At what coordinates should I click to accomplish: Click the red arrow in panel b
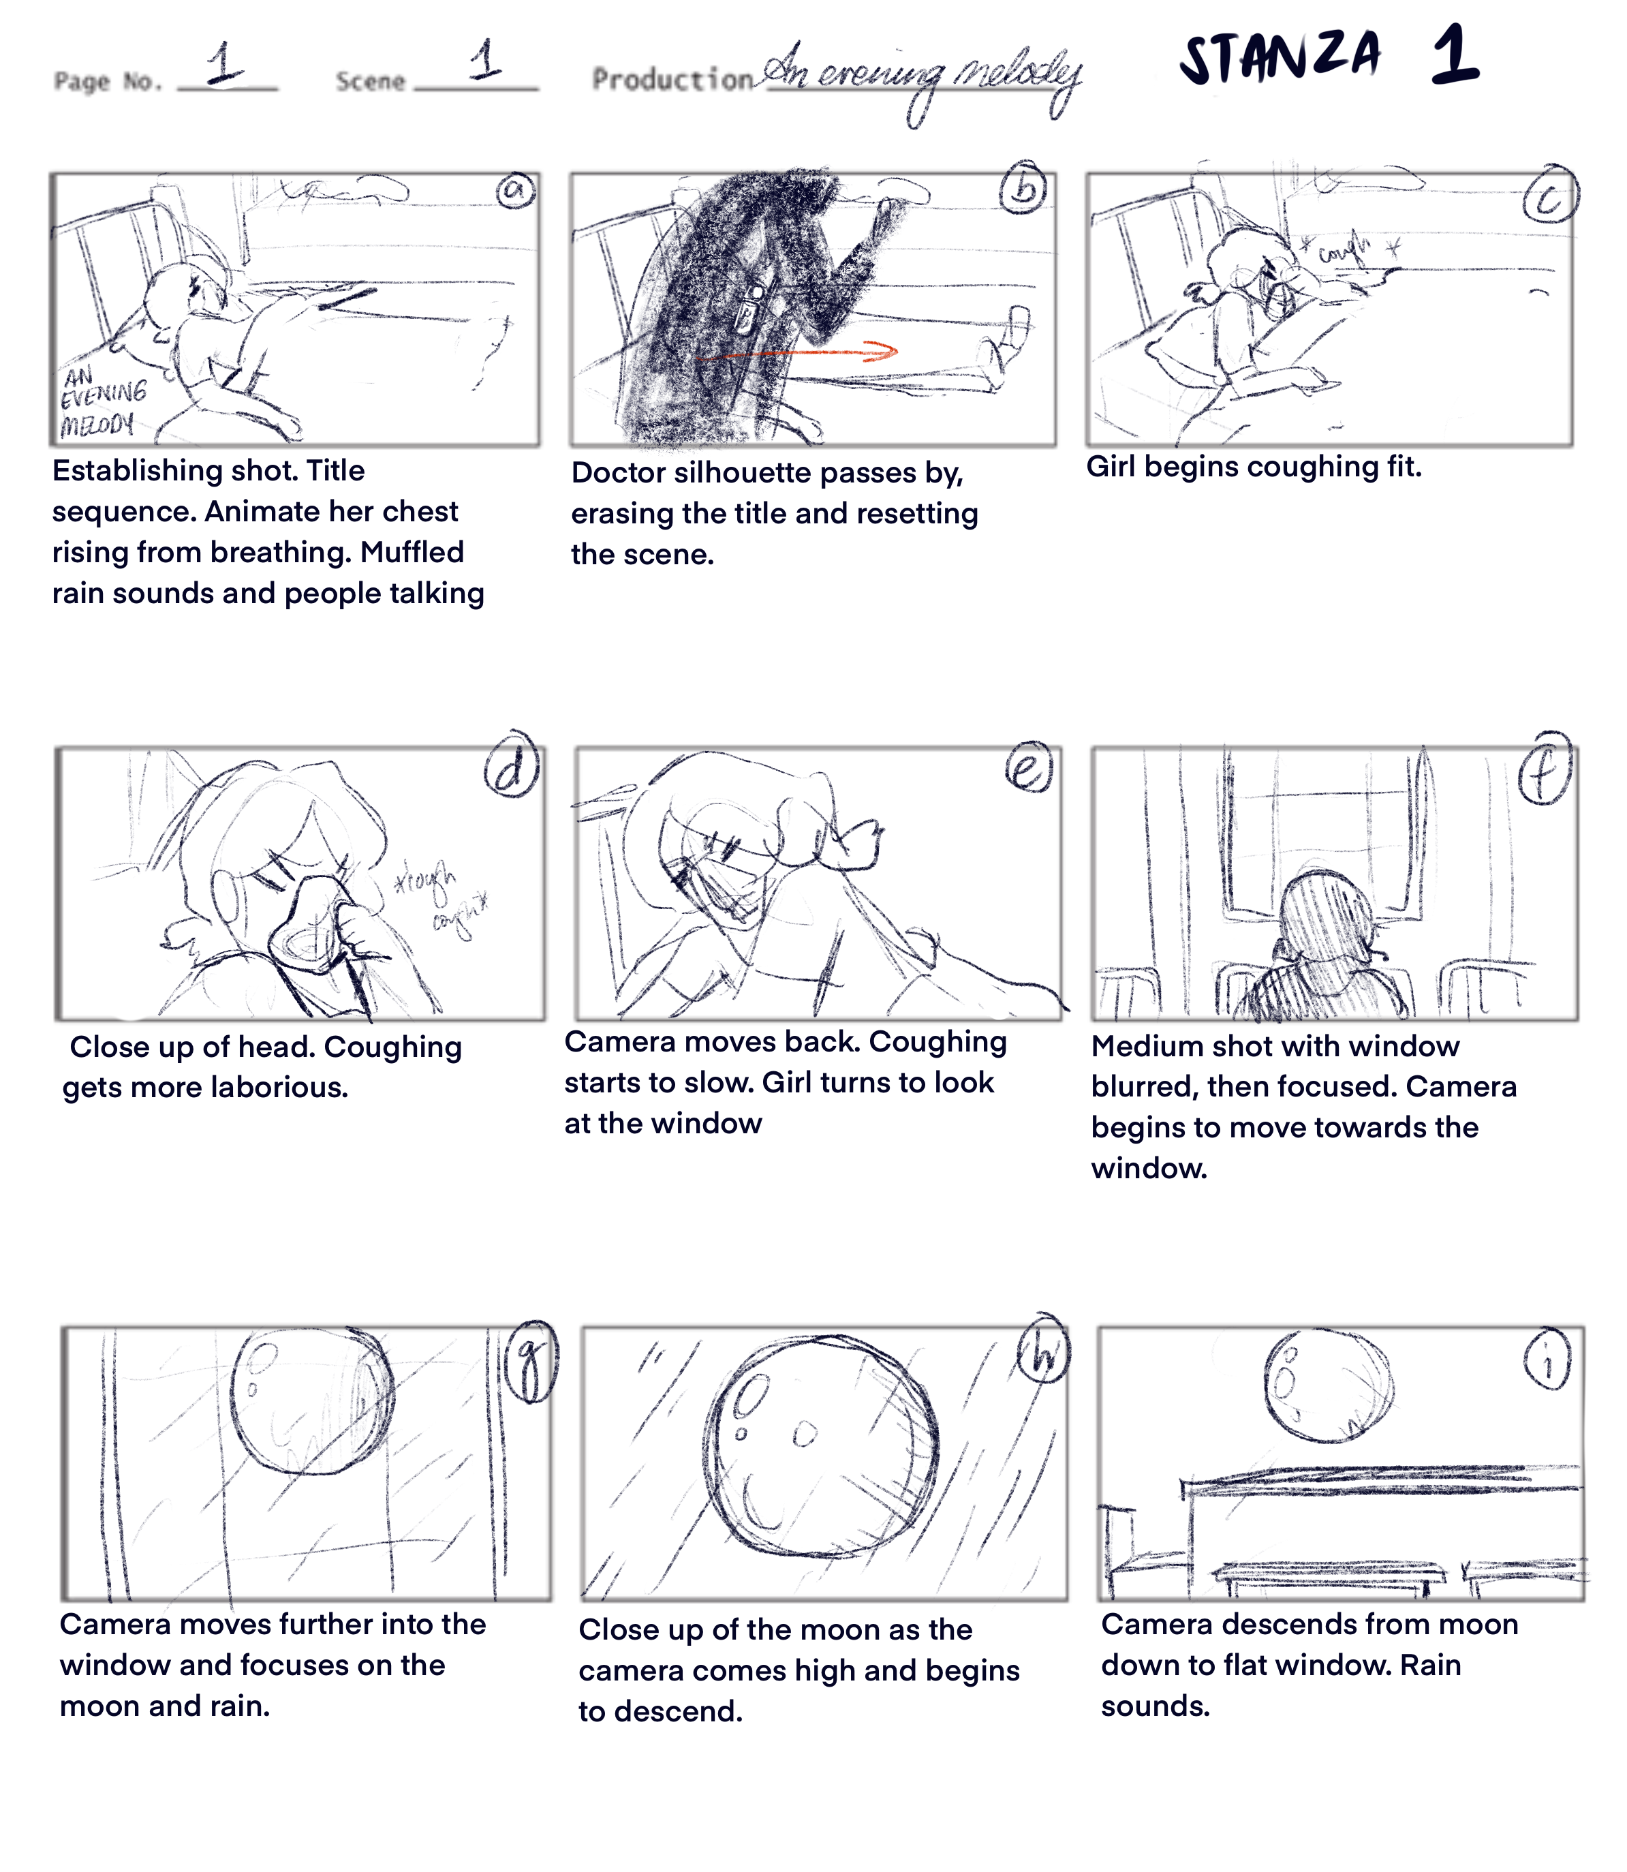click(799, 352)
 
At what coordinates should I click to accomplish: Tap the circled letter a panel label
click(515, 190)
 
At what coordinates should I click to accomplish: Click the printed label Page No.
click(107, 82)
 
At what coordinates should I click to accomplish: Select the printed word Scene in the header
click(369, 82)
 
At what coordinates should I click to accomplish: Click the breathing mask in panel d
click(309, 931)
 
